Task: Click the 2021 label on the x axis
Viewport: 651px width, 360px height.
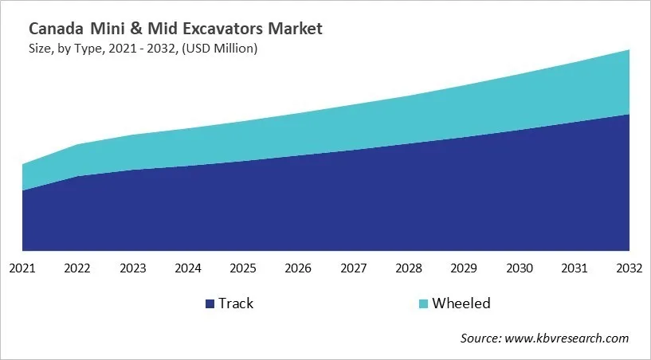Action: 23,268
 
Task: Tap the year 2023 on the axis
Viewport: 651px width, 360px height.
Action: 133,268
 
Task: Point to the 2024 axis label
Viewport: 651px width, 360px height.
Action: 188,268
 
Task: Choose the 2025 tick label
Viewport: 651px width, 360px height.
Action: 244,268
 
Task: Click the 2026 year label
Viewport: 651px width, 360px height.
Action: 299,268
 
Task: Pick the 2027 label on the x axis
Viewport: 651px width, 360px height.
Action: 354,268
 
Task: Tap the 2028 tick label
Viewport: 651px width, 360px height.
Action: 409,268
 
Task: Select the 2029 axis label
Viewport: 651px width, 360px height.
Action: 465,268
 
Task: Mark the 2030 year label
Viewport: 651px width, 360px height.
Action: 520,268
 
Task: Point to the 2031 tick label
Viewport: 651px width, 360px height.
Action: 575,268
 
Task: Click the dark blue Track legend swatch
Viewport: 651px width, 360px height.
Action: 210,303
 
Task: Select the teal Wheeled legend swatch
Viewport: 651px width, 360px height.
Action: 424,303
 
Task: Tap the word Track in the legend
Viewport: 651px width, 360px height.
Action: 236,303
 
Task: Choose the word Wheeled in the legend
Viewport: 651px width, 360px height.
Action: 461,303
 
